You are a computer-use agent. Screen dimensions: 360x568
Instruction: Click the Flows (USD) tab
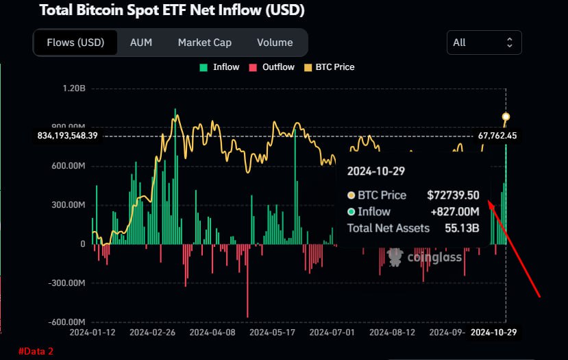pos(75,43)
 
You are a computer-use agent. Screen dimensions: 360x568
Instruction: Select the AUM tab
pos(141,43)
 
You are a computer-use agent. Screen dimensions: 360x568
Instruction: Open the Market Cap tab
pos(204,43)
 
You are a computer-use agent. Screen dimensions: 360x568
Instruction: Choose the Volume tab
pos(275,43)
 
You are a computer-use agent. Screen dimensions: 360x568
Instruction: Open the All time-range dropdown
pos(484,43)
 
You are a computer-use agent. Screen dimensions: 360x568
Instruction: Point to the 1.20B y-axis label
pos(73,88)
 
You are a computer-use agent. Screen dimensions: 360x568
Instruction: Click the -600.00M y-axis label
pos(68,322)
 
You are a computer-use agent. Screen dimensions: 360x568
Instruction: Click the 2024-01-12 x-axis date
pos(93,333)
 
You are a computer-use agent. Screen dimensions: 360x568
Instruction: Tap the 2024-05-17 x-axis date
pos(272,333)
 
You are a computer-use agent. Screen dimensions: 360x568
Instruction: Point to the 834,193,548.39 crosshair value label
pos(68,136)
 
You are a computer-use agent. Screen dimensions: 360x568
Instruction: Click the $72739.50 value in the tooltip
pos(453,195)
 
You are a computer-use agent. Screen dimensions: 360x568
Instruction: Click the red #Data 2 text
pos(36,351)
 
